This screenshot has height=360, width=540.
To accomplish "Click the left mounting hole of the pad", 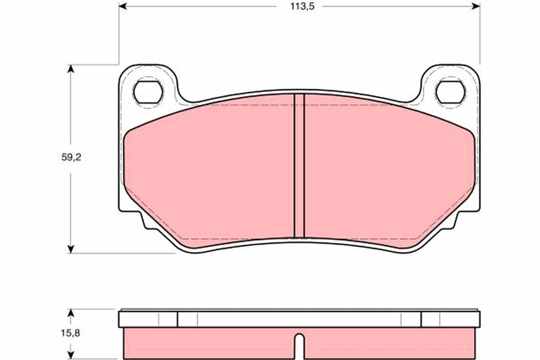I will click(148, 92).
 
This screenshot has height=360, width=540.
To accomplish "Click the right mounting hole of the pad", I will click(450, 92).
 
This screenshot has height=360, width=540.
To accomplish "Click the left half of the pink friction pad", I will click(211, 171).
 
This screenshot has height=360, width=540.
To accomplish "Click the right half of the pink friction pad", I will click(387, 171).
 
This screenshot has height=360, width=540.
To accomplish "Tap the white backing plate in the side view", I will click(299, 319).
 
